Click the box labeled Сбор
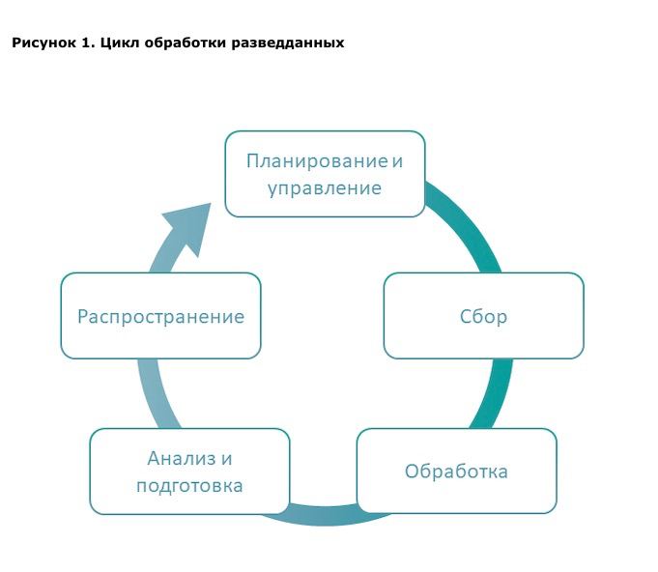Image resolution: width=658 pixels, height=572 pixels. [x=483, y=316]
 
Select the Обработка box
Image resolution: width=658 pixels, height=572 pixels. [x=457, y=471]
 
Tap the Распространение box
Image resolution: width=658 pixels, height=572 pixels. [x=160, y=316]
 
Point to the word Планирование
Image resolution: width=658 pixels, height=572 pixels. [x=317, y=161]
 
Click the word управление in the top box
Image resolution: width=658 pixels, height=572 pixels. [x=325, y=188]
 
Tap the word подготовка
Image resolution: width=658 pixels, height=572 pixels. [x=189, y=486]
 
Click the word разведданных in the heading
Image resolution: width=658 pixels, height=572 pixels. [x=288, y=43]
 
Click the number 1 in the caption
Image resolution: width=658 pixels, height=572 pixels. [x=87, y=43]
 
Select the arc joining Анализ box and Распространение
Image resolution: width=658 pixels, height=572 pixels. [x=157, y=393]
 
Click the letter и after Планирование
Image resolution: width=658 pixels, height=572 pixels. [x=397, y=161]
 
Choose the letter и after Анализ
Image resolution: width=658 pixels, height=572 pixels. [x=227, y=459]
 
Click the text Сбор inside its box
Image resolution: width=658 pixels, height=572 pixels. [x=483, y=316]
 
